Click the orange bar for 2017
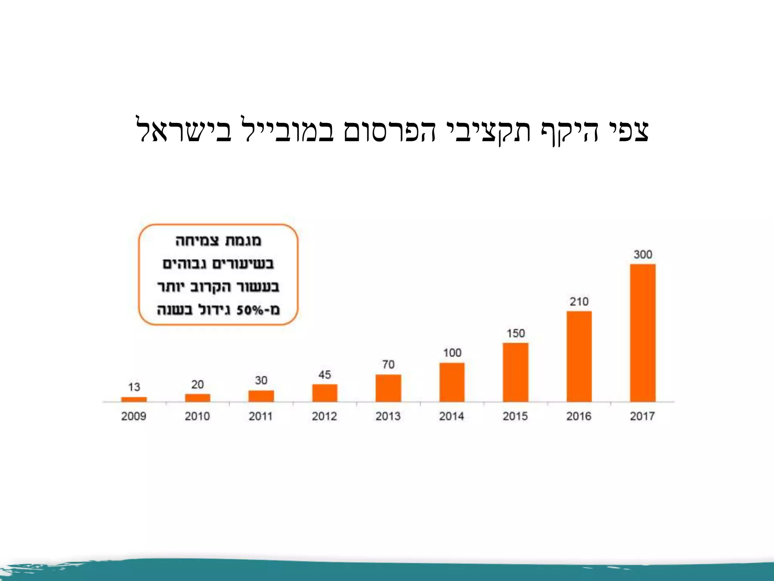(x=642, y=333)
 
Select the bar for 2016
(x=579, y=356)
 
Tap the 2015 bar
(x=515, y=372)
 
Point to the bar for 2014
(x=452, y=382)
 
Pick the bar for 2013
(x=388, y=388)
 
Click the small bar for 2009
(x=134, y=399)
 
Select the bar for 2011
(x=261, y=396)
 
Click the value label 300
(x=643, y=255)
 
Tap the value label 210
(x=579, y=302)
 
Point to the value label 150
(x=516, y=333)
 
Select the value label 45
(x=325, y=375)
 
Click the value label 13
(x=134, y=387)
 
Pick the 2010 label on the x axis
(x=197, y=416)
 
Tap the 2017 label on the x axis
(x=642, y=416)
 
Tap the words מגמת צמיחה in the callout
(x=218, y=241)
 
